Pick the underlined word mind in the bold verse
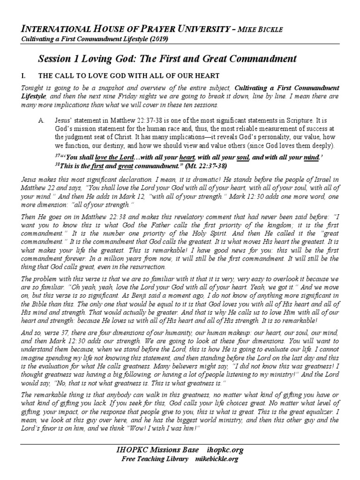pos(312,157)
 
